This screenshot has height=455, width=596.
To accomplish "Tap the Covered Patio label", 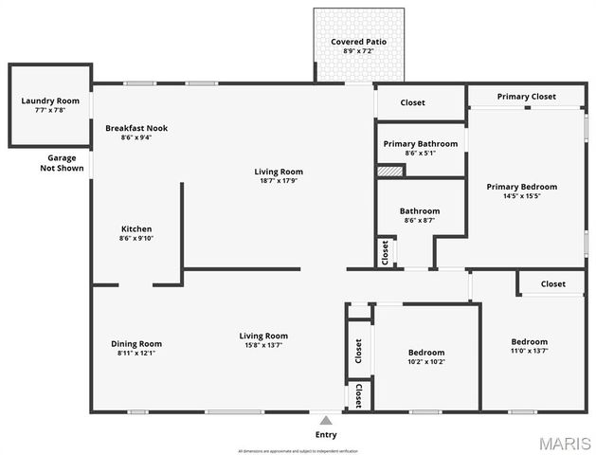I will click(358, 42).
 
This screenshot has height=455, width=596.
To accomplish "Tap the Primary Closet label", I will click(526, 97).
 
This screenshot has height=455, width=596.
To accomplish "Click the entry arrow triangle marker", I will click(325, 420).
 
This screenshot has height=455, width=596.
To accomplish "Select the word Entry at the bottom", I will click(325, 435).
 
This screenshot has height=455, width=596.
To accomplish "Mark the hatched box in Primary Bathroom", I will click(390, 171).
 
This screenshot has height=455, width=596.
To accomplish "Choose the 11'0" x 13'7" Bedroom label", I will click(529, 346).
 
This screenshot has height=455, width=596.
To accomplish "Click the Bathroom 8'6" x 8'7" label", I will click(419, 215).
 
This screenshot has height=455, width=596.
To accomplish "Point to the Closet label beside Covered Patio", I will click(412, 102).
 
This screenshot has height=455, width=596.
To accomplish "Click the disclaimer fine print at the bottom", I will click(298, 450).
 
